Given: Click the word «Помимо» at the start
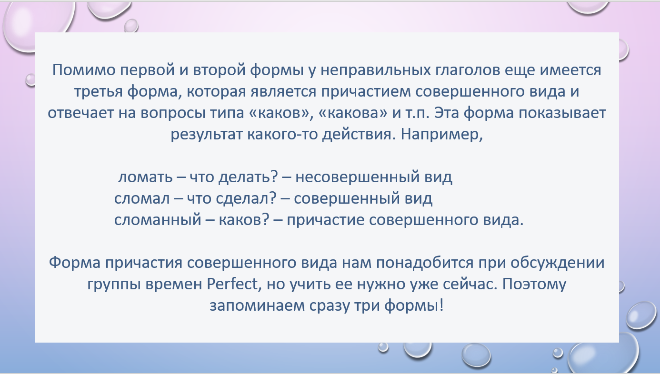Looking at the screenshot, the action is (84, 70).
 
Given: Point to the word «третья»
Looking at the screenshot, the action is (98, 92).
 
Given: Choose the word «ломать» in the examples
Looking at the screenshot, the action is (145, 177).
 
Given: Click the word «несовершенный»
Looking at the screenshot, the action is (358, 177).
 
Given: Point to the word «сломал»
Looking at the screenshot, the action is (142, 199).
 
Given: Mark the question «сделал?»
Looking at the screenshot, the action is (246, 198).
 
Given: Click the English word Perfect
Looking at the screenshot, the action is (232, 284).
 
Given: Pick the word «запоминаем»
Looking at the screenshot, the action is (257, 306).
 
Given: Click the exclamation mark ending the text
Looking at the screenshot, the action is (441, 305).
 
